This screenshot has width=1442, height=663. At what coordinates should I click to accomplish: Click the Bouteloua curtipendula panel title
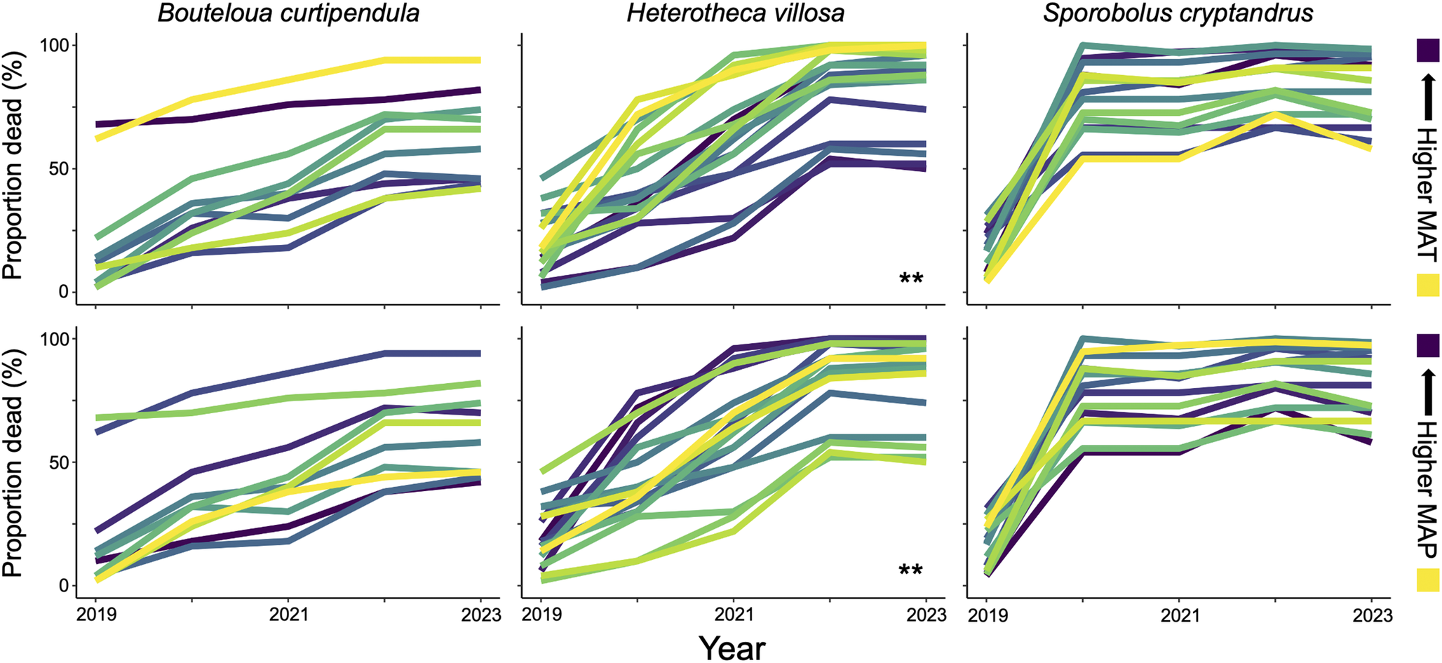(288, 13)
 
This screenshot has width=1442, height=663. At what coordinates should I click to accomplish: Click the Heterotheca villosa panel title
(736, 13)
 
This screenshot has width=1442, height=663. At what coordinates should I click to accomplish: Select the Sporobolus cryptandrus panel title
(1178, 13)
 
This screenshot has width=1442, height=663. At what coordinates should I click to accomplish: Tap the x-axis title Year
(732, 648)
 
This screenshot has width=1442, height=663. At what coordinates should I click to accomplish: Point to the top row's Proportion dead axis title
(13, 168)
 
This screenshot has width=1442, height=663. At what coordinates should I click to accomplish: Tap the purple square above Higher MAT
(1428, 51)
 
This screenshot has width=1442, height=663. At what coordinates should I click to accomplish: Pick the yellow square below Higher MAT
(1428, 285)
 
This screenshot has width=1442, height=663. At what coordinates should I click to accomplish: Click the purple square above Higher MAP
(1428, 345)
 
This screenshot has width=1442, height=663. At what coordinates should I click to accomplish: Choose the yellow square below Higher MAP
(1428, 580)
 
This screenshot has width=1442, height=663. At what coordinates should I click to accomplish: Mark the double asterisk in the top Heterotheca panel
(911, 279)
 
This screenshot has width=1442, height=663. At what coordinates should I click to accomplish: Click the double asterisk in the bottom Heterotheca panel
(911, 570)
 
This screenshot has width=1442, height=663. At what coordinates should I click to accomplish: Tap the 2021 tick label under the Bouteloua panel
(288, 615)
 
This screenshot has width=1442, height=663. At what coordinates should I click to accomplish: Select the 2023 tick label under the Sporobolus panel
(1370, 615)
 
